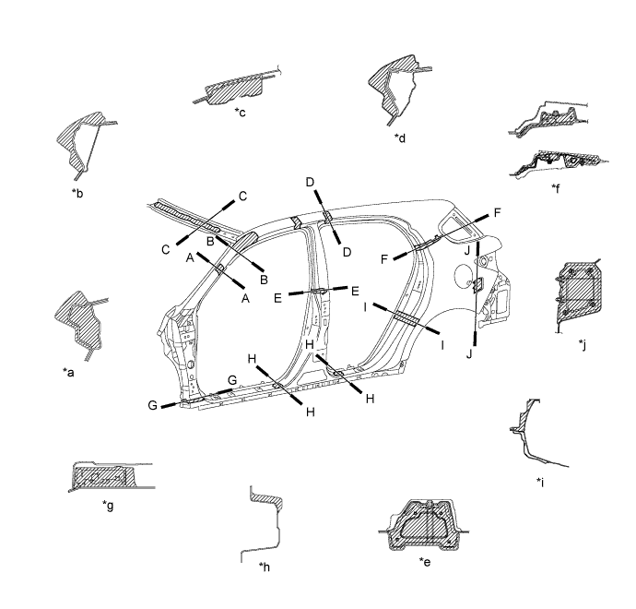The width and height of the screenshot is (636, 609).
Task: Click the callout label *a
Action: (68, 372)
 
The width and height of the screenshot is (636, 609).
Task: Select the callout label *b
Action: (77, 193)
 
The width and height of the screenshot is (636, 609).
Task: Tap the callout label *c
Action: (241, 112)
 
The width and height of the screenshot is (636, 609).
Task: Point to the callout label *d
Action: (400, 137)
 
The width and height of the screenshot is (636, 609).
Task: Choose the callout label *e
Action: (425, 562)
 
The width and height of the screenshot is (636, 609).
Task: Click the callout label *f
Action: (556, 188)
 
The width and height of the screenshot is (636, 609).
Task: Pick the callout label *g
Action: (108, 506)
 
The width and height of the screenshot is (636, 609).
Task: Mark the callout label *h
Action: (264, 567)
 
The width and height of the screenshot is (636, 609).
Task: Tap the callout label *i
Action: (540, 482)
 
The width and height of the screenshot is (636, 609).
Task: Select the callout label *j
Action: (583, 345)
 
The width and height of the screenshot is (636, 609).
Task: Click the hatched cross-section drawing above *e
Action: (424, 525)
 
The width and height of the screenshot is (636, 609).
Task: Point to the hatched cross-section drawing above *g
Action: (112, 476)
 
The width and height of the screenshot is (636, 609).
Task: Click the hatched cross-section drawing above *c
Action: (237, 88)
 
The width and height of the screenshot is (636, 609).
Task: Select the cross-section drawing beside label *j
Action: (578, 295)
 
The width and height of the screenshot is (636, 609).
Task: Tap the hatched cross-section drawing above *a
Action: (81, 325)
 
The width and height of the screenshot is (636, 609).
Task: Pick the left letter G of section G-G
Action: (152, 405)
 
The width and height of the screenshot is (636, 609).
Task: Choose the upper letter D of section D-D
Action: (310, 183)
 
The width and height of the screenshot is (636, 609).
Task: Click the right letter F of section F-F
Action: (498, 212)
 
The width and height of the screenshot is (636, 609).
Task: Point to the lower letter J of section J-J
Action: (469, 354)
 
